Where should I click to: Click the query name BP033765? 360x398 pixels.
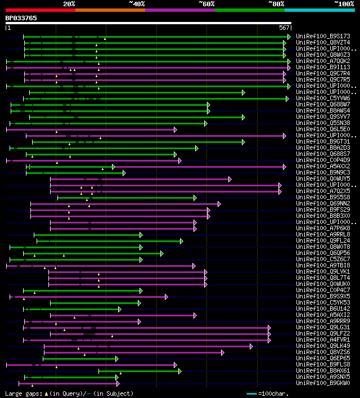click(21, 18)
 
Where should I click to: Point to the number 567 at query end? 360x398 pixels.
click(284, 27)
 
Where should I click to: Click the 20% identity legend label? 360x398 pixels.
click(69, 4)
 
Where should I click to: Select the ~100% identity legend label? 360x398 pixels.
click(344, 4)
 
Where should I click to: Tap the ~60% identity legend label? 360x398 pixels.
click(206, 4)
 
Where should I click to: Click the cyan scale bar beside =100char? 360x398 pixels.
click(251, 393)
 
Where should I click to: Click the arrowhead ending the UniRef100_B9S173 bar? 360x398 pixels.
click(289, 36)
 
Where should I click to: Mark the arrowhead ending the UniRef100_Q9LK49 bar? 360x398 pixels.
click(251, 346)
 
